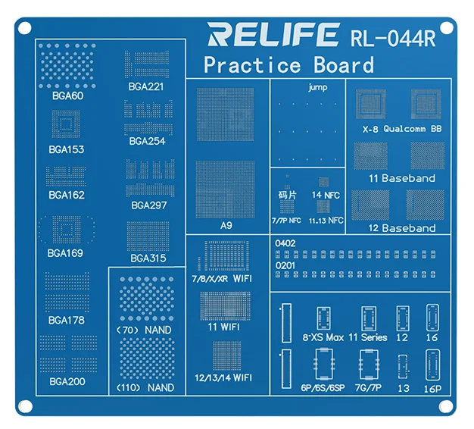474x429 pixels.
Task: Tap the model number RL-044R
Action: (x=393, y=38)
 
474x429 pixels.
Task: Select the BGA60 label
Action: (x=67, y=96)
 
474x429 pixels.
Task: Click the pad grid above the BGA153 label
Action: (x=66, y=124)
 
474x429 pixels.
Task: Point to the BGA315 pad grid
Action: (x=148, y=236)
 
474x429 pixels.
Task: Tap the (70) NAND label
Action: (x=144, y=330)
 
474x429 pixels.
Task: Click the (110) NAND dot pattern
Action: (x=147, y=359)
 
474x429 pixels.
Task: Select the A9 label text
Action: (x=226, y=225)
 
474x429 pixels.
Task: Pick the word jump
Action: (x=318, y=87)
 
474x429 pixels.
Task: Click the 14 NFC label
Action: (x=326, y=195)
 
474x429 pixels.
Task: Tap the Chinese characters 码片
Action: (x=287, y=195)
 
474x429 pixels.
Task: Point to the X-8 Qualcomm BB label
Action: (x=402, y=129)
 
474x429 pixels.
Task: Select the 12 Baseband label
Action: (x=402, y=228)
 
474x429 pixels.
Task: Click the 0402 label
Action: (x=285, y=243)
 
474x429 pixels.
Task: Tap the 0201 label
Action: (x=285, y=265)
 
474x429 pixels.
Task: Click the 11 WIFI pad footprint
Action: (x=225, y=306)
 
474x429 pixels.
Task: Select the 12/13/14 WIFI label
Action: (x=223, y=377)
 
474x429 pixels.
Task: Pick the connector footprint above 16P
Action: (x=432, y=365)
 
